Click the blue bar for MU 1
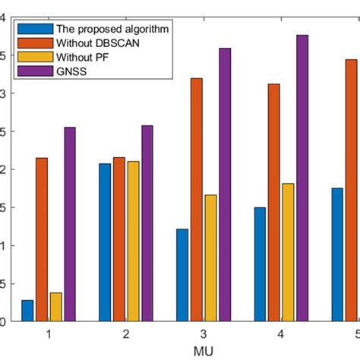(x=27, y=311)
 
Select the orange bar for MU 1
(x=42, y=239)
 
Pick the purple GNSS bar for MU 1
(x=70, y=224)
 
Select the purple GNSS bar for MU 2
(x=147, y=223)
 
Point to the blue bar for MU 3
(x=182, y=275)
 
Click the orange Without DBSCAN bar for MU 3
(x=196, y=200)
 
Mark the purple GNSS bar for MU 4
(x=302, y=178)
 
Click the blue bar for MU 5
(x=337, y=254)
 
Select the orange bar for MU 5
(x=351, y=190)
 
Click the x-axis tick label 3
(x=203, y=334)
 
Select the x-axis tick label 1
(x=49, y=334)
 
